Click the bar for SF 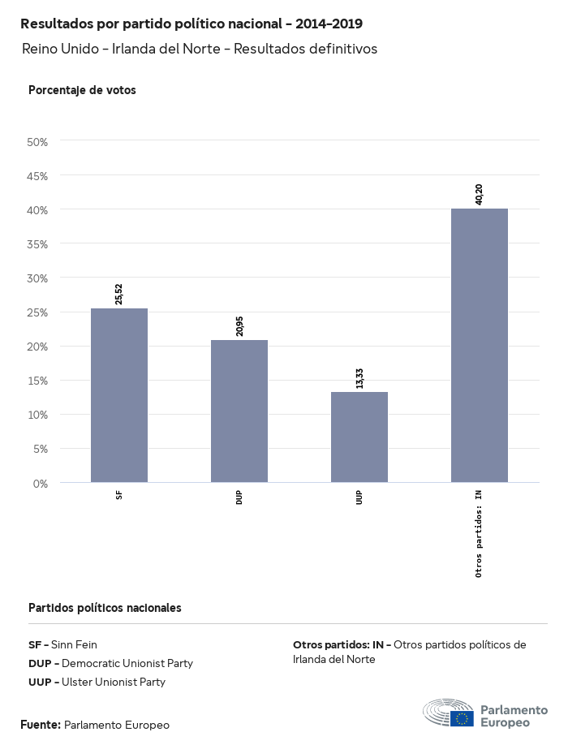pos(119,395)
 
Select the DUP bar pos(239,411)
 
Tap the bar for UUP pos(359,437)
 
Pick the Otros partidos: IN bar pos(480,346)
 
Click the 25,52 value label pos(119,293)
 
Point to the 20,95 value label pos(239,325)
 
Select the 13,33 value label pos(359,377)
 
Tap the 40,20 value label pos(479,193)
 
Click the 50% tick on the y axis pos(38,142)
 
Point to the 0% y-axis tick pos(41,484)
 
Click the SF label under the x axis pos(119,494)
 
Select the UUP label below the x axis pos(359,497)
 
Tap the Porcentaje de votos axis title pos(82,90)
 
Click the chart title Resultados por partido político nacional pos(191,24)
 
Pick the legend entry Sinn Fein pos(62,645)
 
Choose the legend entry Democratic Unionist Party pos(110,664)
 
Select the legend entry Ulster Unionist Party pos(97,683)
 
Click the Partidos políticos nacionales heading pos(105,608)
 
